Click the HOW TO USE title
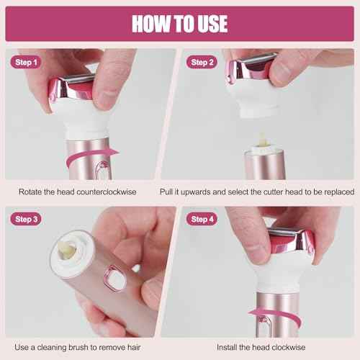click(179, 23)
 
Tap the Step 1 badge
click(26, 62)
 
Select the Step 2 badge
click(203, 62)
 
